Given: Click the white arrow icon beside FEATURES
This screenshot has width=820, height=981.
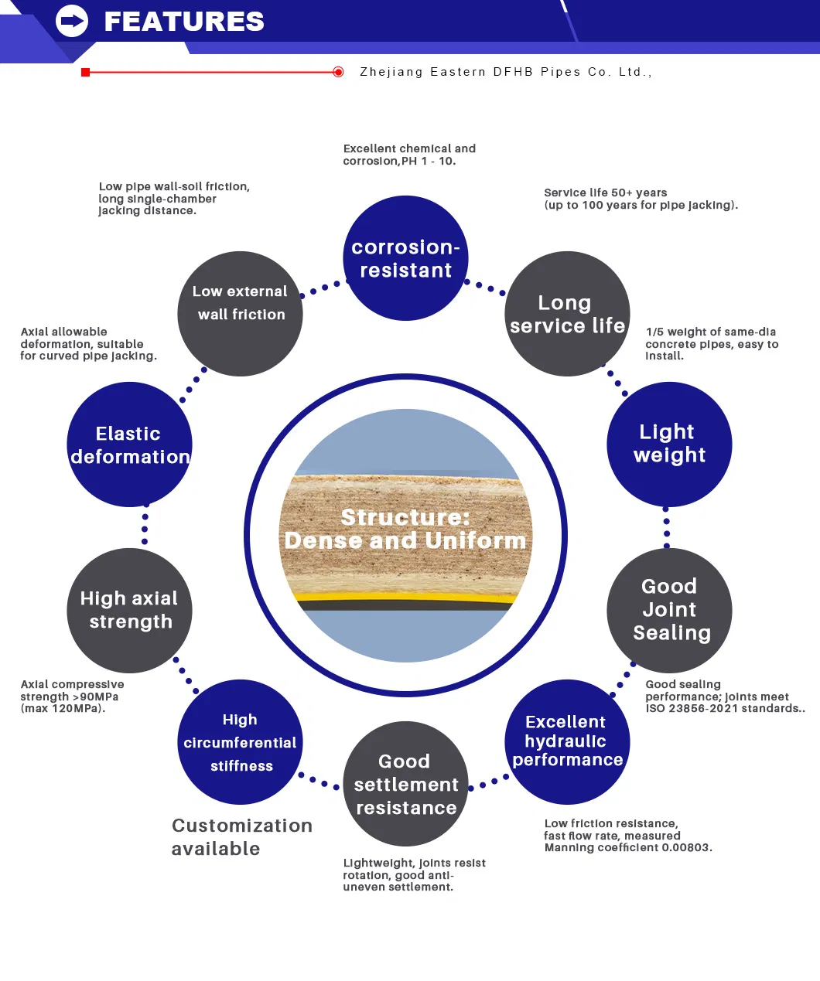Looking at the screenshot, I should click(72, 21).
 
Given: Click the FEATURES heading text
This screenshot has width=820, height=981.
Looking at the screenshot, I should click(184, 22).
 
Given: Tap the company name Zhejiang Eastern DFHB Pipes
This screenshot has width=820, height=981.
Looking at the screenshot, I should click(505, 72).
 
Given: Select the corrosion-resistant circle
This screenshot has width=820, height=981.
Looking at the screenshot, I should click(405, 258).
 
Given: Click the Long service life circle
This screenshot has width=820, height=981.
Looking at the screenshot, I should click(567, 314).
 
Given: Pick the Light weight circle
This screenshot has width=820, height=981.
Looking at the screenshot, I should click(669, 444).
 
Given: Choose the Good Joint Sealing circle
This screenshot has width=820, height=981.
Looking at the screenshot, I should click(669, 610).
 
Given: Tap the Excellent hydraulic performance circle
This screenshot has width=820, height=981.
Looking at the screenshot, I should click(567, 741).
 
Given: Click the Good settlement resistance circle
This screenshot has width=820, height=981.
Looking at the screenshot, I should click(405, 784).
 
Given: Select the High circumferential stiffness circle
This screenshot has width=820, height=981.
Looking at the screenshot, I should click(240, 742).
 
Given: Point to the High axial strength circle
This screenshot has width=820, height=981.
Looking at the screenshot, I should click(129, 610).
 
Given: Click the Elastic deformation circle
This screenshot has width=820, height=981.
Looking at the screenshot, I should click(129, 445).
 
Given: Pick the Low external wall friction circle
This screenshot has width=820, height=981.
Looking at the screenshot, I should click(240, 314).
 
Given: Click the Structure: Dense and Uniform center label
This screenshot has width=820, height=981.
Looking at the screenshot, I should click(405, 529).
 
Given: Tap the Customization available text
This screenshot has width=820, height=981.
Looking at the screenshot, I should click(241, 837).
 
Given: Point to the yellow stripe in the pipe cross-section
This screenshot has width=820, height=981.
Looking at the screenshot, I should click(405, 598).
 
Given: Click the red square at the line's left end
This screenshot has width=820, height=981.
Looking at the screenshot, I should click(86, 72).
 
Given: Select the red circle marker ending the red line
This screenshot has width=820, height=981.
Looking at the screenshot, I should click(338, 72).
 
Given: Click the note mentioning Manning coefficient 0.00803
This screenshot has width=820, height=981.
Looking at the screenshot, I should click(627, 836).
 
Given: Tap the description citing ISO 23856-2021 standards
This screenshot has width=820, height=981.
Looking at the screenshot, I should click(724, 697).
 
